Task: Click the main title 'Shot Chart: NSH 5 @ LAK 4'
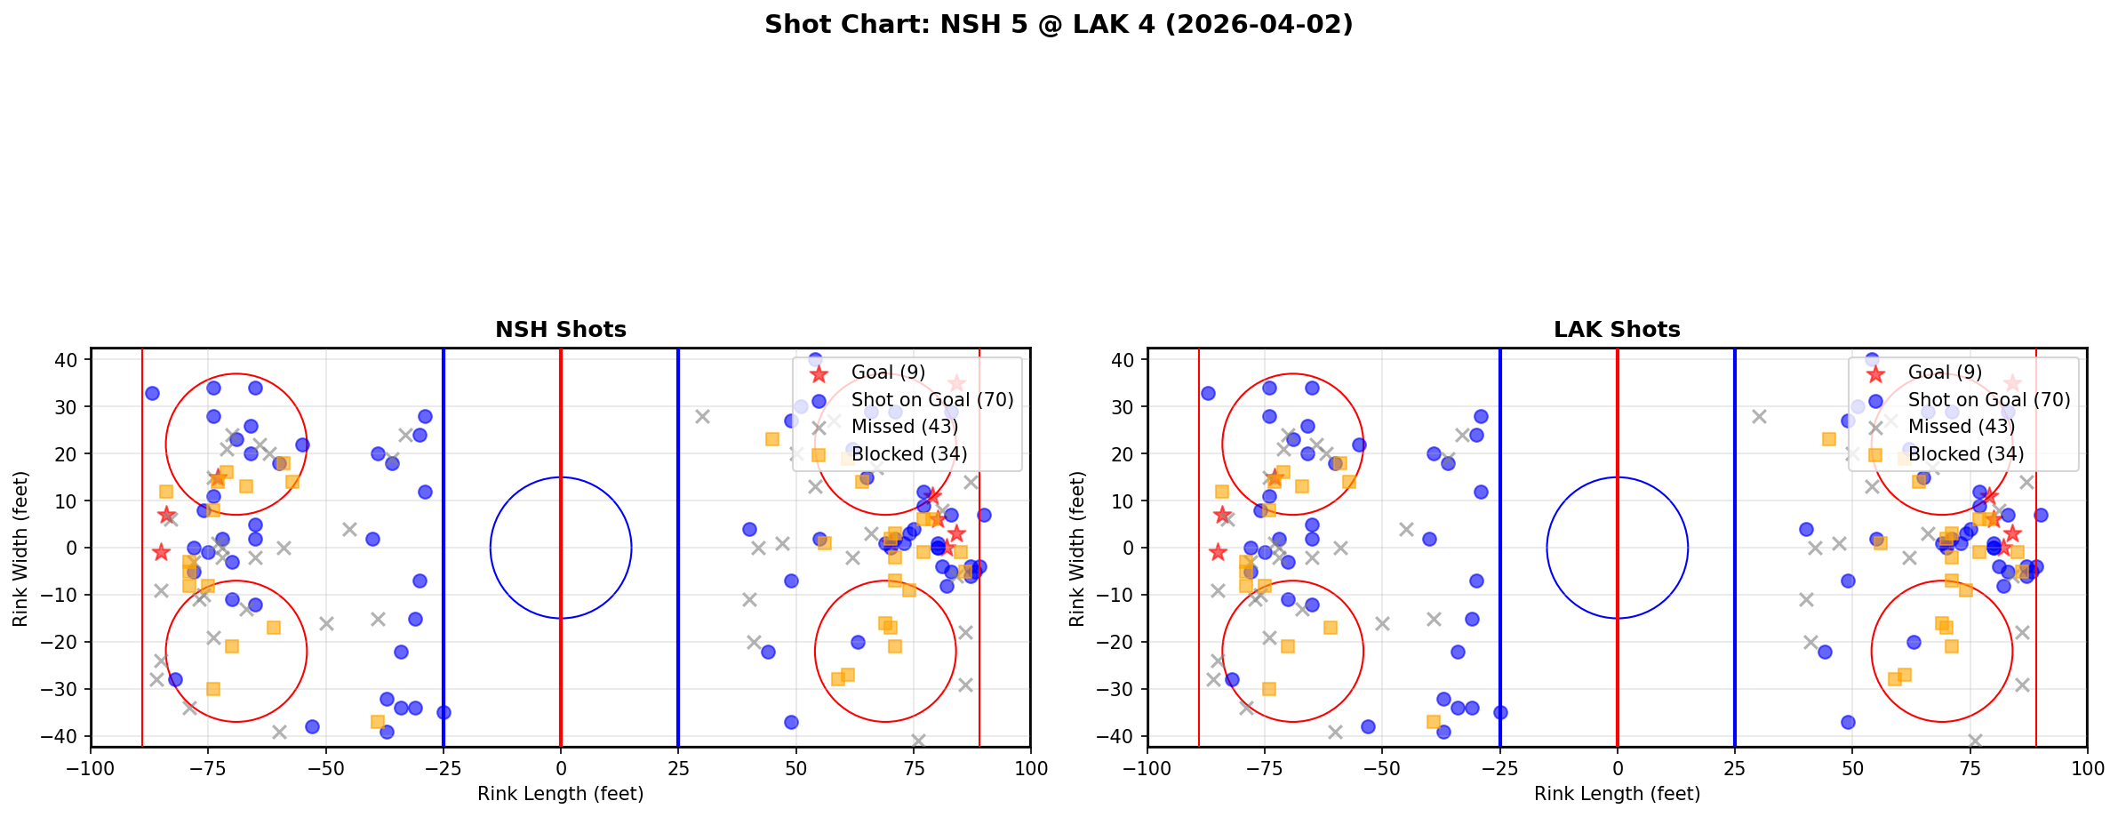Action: (x=1058, y=24)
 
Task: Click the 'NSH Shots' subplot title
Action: (x=560, y=330)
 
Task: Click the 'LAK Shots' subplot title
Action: (x=1616, y=330)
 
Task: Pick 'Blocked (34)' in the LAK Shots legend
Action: (x=1965, y=454)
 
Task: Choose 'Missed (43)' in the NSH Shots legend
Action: (x=904, y=427)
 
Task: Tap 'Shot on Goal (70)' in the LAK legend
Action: (x=1988, y=400)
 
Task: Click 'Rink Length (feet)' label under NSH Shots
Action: (x=560, y=794)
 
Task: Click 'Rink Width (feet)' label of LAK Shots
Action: (x=1077, y=549)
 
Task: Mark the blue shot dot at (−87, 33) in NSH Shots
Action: (x=152, y=393)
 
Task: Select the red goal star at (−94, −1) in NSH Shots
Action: (x=161, y=552)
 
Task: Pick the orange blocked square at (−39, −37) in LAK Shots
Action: (x=1434, y=722)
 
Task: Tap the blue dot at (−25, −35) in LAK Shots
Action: (x=1500, y=712)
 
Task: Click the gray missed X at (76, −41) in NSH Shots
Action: (x=918, y=741)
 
